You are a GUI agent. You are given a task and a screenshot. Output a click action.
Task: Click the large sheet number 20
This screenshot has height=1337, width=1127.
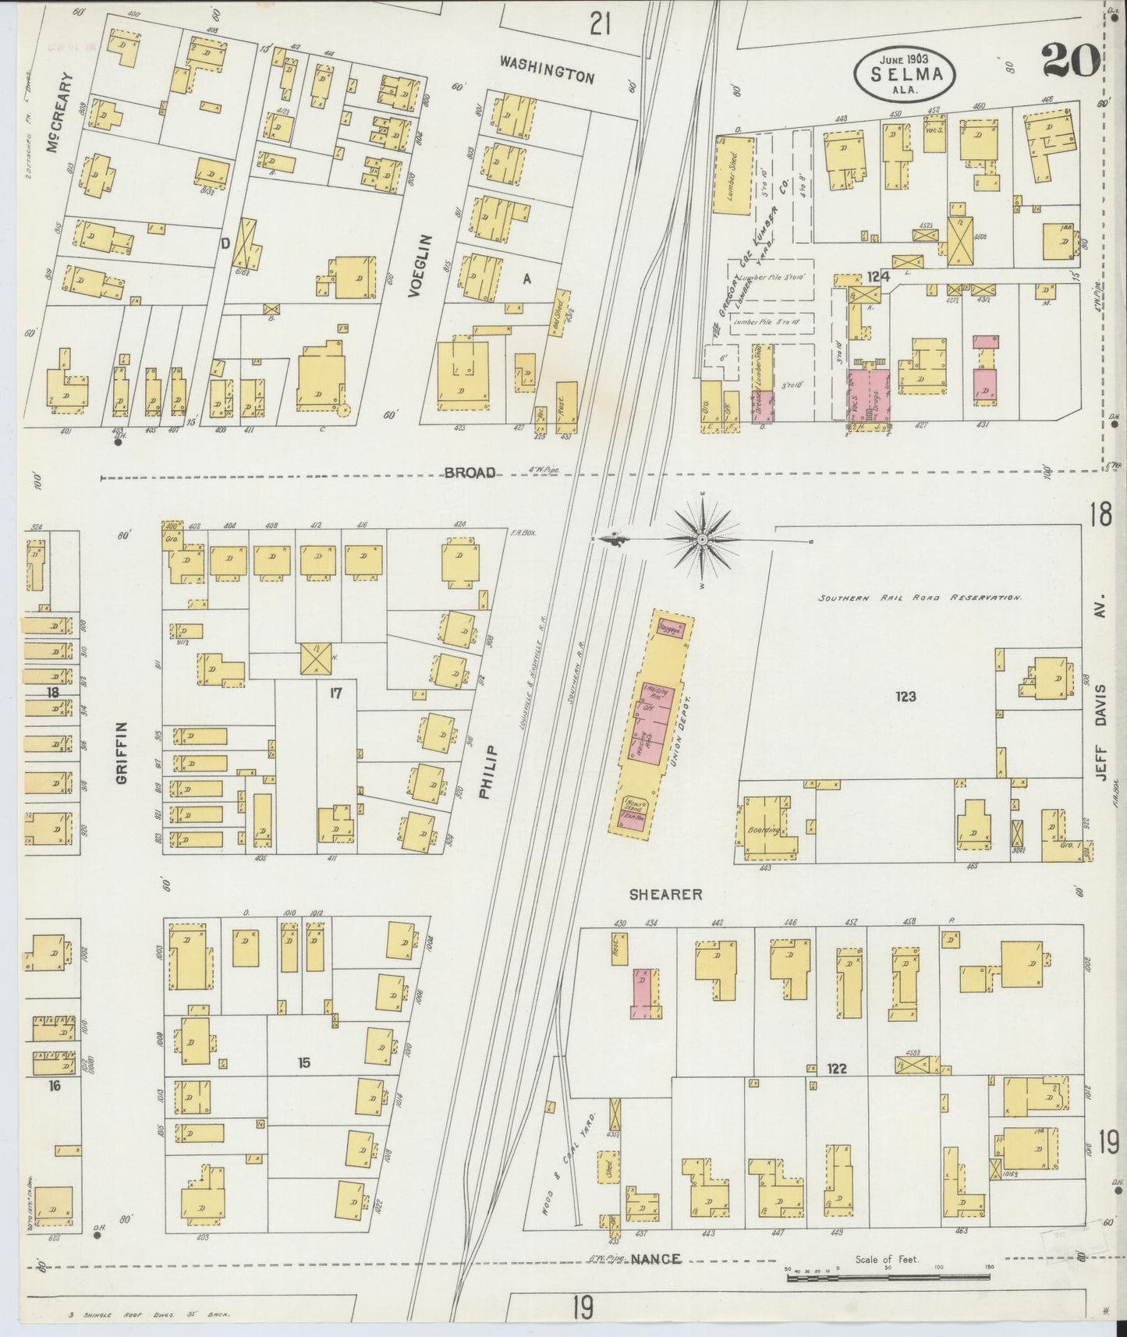pos(1070,61)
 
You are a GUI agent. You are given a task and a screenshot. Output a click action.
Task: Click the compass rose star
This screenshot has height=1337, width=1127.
pos(703,539)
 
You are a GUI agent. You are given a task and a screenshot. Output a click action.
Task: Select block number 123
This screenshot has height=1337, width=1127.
pos(905,697)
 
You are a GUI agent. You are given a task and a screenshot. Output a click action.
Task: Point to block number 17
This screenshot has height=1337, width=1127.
pos(336,691)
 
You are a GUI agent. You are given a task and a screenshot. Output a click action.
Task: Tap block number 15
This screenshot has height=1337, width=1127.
pos(304,1062)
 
